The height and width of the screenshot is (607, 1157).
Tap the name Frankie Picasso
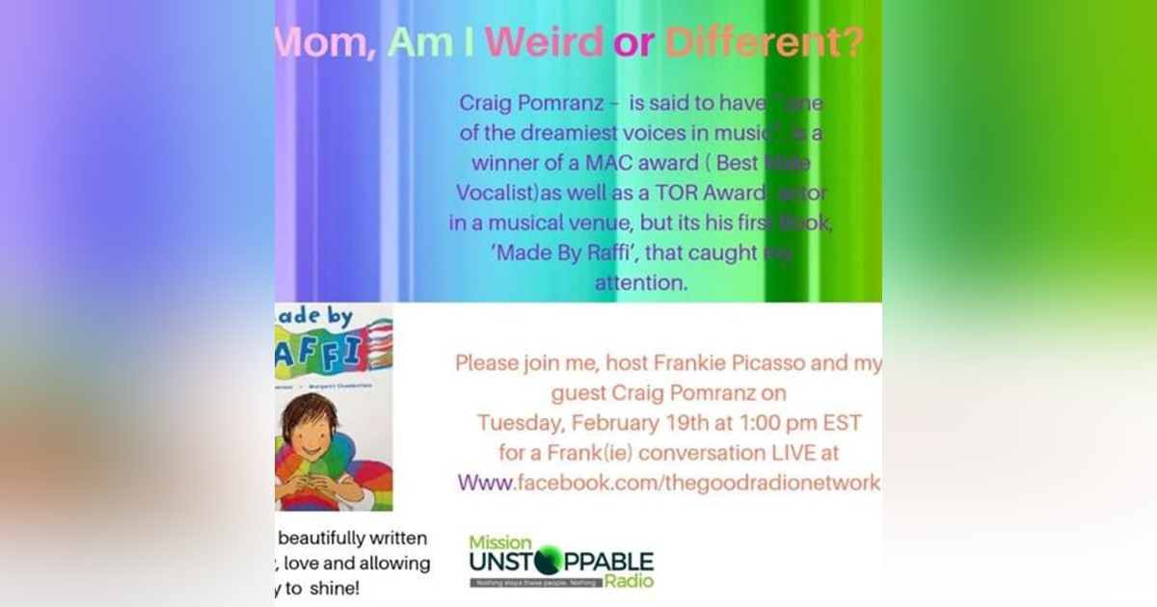[x=733, y=365]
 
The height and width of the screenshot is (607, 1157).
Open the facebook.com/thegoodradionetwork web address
[x=669, y=483]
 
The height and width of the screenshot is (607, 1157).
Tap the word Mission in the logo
[x=500, y=541]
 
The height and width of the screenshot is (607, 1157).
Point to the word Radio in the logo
[x=629, y=581]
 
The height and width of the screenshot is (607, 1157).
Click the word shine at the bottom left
[x=338, y=590]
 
